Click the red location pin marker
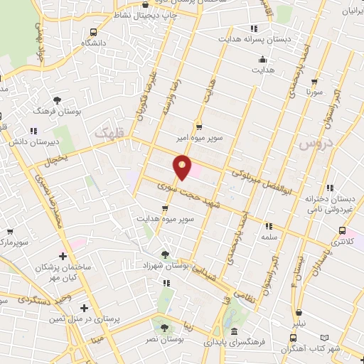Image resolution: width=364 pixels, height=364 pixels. pos(183,166)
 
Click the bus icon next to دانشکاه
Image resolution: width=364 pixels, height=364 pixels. pos(94,33)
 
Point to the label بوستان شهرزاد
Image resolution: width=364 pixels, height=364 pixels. pos(165,264)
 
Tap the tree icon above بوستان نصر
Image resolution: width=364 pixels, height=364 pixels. pos(165,328)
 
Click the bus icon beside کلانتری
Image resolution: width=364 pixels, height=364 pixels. pos(343,231)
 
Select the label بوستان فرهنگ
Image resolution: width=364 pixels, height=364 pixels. pos(80,112)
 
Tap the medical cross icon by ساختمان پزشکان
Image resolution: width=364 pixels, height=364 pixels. pos(63,256)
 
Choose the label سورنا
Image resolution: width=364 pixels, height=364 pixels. pos(315,92)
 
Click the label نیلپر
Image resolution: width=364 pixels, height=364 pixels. pos(298,324)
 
